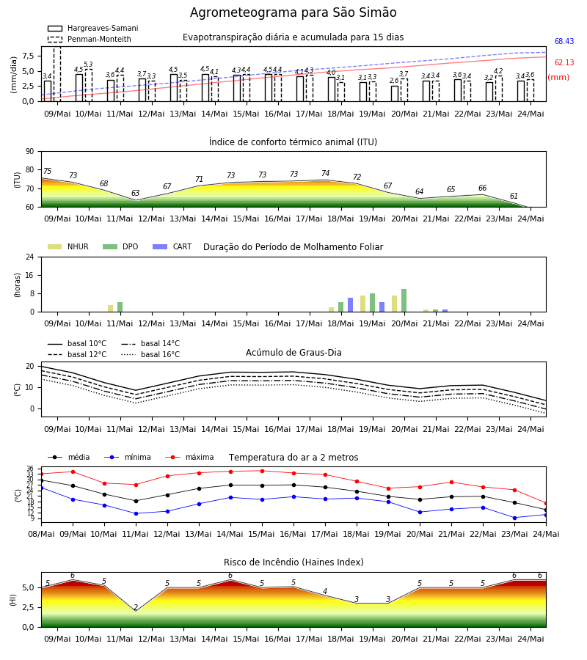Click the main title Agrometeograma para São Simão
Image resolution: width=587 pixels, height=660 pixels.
coord(293,12)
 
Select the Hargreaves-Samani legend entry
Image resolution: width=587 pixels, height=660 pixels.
coord(92,28)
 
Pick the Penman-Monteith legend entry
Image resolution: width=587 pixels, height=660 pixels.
coord(90,39)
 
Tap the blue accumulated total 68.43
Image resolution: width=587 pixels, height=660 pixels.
coord(564,41)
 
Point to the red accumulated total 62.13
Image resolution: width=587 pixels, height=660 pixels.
coord(564,63)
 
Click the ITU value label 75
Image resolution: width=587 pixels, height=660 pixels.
coord(47,171)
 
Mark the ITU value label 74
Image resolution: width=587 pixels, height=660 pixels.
coord(325,173)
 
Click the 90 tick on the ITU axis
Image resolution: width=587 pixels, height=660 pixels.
coord(29,152)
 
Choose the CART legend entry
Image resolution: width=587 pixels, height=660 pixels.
coord(172,246)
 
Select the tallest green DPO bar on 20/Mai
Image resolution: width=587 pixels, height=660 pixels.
coord(404,301)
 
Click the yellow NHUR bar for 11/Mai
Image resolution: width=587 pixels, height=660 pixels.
coord(110,309)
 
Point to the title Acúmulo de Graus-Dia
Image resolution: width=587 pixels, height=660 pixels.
coord(293,353)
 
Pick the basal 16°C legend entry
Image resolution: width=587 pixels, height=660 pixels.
coord(150,354)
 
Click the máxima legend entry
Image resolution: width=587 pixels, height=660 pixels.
coord(189,457)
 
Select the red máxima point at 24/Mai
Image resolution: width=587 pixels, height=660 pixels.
coord(546,503)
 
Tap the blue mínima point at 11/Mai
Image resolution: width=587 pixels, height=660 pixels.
coord(136,513)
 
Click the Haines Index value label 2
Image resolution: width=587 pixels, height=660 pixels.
coord(136,607)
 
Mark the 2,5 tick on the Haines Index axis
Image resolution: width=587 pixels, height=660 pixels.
coord(28,607)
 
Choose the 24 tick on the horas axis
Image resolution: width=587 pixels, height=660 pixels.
coord(30,257)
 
